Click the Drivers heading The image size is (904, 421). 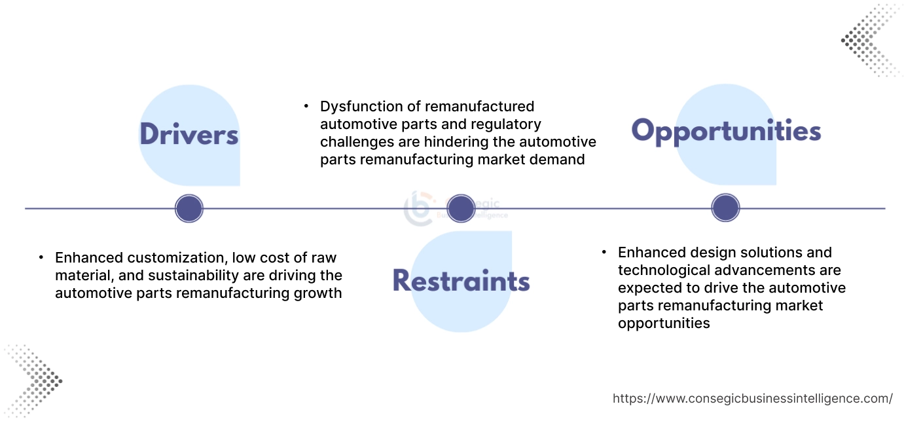(x=189, y=134)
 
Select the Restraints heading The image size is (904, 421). (x=461, y=281)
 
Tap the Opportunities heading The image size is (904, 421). (x=726, y=131)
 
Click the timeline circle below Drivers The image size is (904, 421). (x=189, y=209)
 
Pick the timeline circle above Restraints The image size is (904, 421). (x=460, y=209)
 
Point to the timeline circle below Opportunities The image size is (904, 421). (x=725, y=209)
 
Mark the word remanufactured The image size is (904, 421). (x=479, y=106)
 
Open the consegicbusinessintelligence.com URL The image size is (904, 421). (x=752, y=398)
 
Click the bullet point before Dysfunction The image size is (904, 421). (x=305, y=105)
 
